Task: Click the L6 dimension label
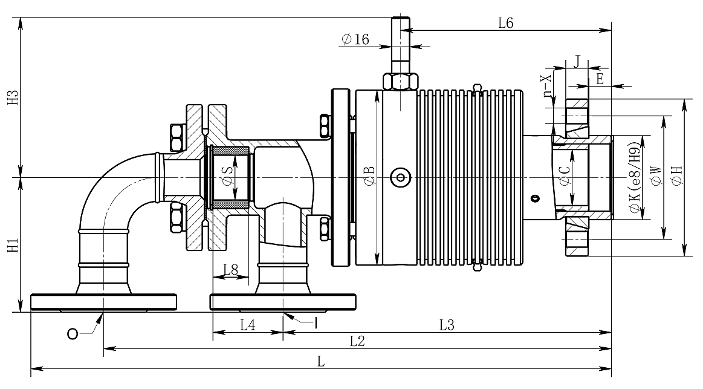pos(505,23)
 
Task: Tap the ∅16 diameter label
pos(355,39)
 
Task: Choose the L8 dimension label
pos(230,270)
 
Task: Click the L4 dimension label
pos(247,324)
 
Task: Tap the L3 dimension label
pos(447,324)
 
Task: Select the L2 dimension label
pos(357,341)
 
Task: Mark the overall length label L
pos(320,361)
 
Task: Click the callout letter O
pos(72,334)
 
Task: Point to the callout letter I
pos(316,323)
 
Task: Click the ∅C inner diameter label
pos(565,175)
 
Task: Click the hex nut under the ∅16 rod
pos(400,81)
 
